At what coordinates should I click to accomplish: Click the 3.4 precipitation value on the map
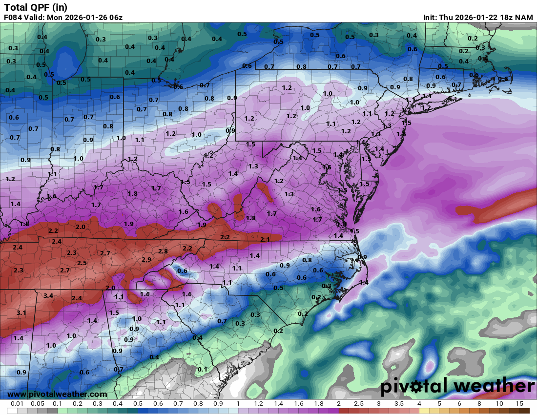pos(48,296)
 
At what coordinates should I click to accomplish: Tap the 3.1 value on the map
pos(21,312)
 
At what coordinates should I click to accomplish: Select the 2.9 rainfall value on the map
pos(146,260)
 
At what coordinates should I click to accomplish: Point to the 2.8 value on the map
pos(163,251)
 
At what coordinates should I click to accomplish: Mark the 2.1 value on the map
pos(265,239)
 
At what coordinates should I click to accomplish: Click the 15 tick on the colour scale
pos(519,404)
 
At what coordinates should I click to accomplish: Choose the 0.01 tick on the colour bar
pos(18,404)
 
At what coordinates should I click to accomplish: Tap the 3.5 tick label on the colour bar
pos(399,404)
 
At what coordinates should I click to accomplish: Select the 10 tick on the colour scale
pos(499,404)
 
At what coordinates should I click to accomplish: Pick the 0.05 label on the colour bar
pos(38,404)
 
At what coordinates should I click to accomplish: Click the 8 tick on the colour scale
pos(479,404)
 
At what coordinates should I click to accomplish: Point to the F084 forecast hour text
pos(13,18)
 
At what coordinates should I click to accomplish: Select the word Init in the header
pos(431,18)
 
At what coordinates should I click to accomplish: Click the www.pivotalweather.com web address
pos(57,394)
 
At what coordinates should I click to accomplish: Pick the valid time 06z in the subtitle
pos(115,18)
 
